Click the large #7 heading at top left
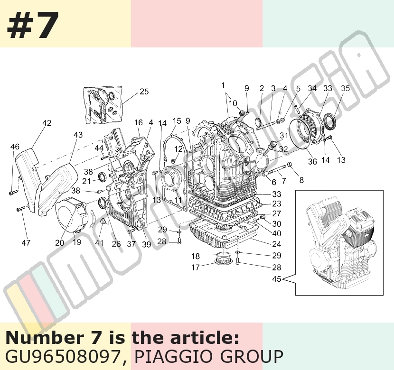[33, 25]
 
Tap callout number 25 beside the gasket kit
[144, 92]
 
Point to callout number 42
[47, 123]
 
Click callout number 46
[15, 147]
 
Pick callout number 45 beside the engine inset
[277, 279]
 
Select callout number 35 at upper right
[346, 88]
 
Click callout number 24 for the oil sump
[277, 244]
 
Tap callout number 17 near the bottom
[195, 268]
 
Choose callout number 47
[26, 243]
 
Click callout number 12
[178, 149]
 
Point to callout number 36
[312, 161]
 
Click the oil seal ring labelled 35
[329, 122]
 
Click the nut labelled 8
[290, 165]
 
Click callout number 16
[139, 122]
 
